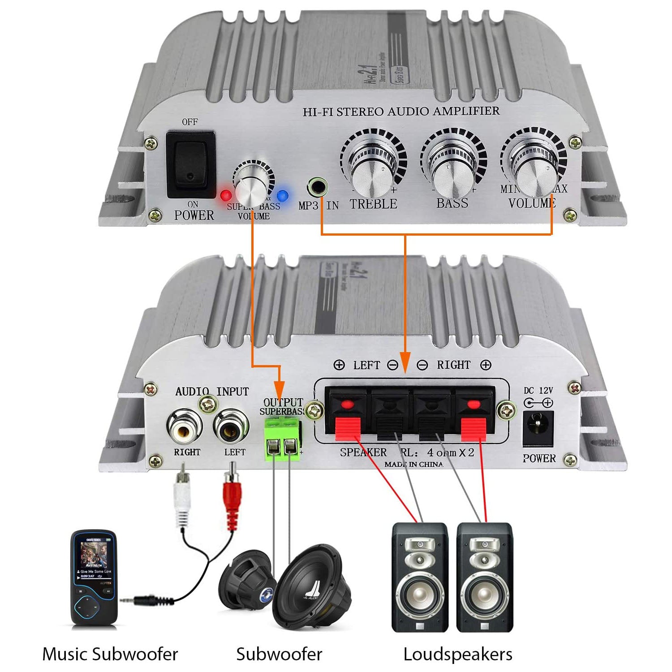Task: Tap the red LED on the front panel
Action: click(226, 195)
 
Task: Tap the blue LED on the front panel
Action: click(282, 195)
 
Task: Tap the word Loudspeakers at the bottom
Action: click(457, 654)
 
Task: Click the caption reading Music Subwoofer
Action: click(110, 654)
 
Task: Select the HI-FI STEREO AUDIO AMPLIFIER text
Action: click(401, 111)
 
